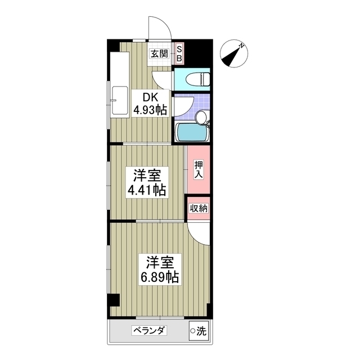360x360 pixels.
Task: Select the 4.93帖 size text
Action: [x=149, y=110]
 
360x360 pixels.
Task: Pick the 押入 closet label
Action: [x=199, y=169]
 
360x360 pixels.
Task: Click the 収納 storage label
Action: [x=199, y=208]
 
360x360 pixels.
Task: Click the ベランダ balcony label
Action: [x=149, y=331]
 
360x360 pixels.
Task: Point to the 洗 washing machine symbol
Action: [x=198, y=331]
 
